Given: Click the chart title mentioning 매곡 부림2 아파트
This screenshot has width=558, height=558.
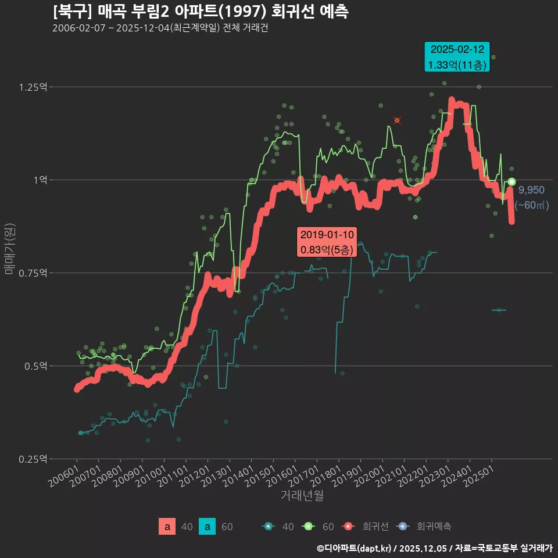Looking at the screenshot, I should [201, 12].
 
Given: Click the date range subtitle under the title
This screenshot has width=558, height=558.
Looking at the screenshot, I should [160, 28].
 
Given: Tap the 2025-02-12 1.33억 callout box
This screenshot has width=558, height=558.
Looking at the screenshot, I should [457, 58].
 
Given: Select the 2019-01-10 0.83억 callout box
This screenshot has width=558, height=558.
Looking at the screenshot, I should [327, 242].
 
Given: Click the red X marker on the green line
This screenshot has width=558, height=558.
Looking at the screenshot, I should [397, 120].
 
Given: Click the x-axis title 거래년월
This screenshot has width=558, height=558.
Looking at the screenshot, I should [302, 496].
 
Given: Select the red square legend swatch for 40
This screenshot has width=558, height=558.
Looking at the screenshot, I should [167, 527].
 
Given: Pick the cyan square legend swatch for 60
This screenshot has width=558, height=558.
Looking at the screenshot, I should [208, 527].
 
